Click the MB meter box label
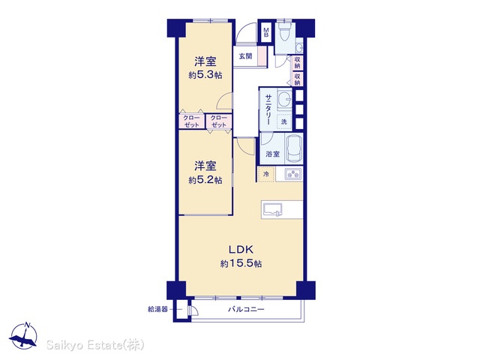[x=266, y=32]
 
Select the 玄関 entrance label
[x=245, y=56]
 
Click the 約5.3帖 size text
[x=205, y=75]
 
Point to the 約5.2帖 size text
[x=205, y=180]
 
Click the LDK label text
[x=241, y=250]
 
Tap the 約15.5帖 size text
[x=241, y=263]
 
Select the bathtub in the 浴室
[x=295, y=149]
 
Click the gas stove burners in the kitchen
[x=293, y=174]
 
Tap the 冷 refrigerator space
[x=266, y=174]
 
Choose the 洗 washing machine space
[x=284, y=121]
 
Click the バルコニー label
[x=246, y=310]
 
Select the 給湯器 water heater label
[x=157, y=310]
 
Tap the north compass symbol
[x=23, y=336]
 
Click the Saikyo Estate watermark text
[x=95, y=345]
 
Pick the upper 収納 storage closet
[x=297, y=62]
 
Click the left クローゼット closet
[x=192, y=121]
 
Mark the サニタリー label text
[x=268, y=109]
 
